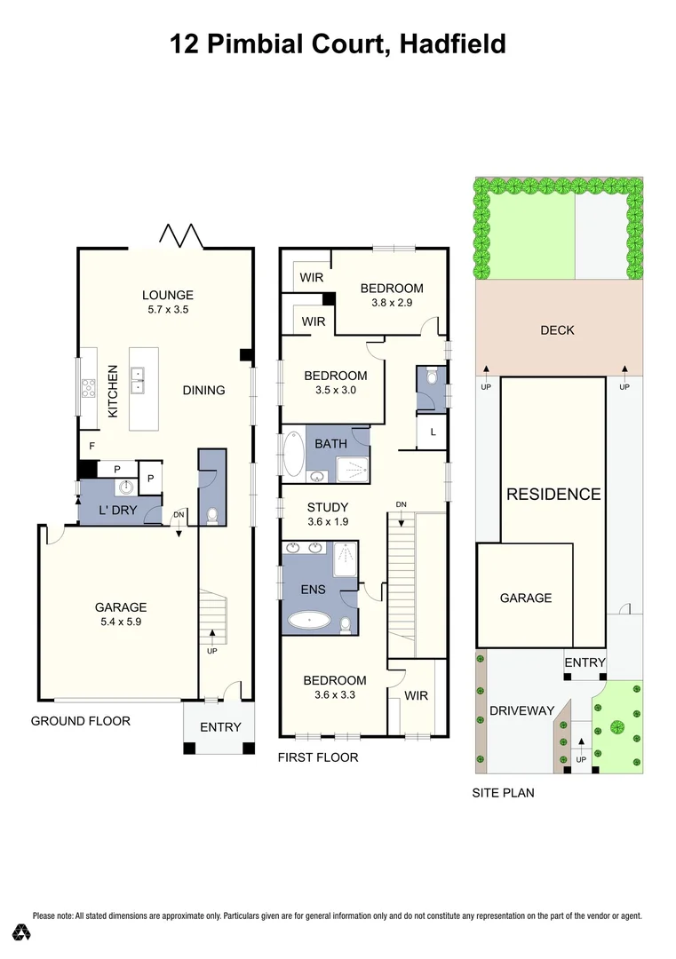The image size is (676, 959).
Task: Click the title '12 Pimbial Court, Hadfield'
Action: (338, 43)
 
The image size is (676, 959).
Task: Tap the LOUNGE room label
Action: (168, 296)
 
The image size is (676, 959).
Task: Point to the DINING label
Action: (203, 390)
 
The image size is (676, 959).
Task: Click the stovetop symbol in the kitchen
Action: (90, 387)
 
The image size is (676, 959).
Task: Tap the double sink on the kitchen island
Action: (138, 385)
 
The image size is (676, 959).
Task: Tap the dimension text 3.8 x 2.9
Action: (392, 302)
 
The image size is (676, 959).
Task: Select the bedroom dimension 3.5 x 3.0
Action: (335, 389)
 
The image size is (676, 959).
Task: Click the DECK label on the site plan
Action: (557, 330)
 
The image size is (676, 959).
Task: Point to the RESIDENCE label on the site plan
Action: (553, 495)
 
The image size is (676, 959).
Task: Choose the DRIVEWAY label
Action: (521, 710)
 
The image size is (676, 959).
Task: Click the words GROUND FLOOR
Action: (80, 720)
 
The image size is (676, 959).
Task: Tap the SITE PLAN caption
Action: (503, 792)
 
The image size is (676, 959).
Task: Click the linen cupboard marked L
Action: (433, 432)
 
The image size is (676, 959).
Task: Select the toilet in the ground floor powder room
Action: (211, 515)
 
